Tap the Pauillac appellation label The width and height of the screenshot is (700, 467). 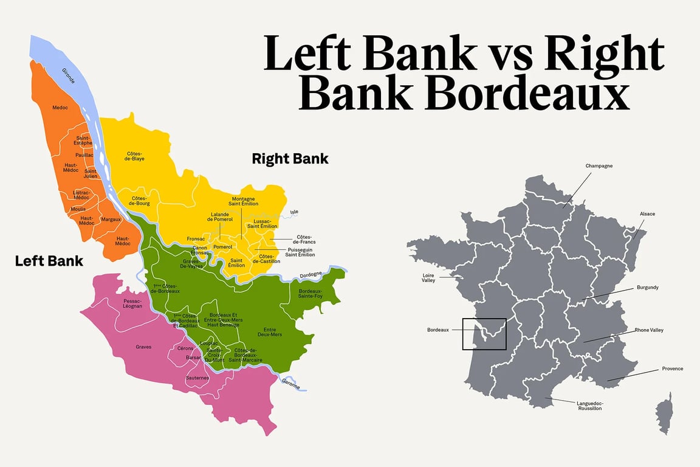84,155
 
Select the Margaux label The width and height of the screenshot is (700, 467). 111,219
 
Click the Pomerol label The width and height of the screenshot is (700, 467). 223,247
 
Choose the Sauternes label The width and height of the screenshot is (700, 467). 197,378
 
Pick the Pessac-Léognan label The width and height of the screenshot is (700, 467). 132,303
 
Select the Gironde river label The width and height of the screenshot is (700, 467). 68,75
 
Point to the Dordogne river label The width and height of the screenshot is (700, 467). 311,275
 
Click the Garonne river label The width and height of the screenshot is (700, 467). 290,384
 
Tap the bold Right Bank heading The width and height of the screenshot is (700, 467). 290,159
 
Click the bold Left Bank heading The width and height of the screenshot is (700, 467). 49,261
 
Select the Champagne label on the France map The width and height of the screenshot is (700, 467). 599,165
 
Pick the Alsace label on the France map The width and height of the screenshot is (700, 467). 647,214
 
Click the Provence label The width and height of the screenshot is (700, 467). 672,368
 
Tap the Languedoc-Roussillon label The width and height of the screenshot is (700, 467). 589,406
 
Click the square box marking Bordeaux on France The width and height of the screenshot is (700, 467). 484,334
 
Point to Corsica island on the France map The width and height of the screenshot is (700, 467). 665,413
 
